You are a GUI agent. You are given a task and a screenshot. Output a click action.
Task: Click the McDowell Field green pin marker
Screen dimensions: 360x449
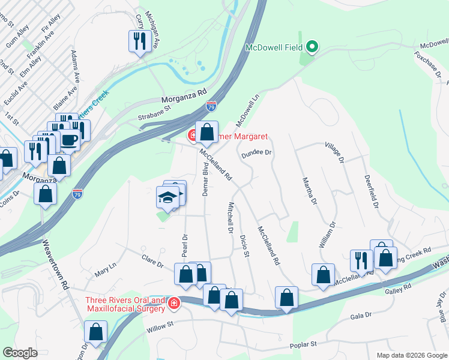[312, 47]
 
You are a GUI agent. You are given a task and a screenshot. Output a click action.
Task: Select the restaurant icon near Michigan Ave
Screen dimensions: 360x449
[139, 41]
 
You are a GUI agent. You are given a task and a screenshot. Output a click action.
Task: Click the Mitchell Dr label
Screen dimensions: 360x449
[230, 217]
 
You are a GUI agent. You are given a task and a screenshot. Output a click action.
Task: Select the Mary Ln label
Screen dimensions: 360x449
[105, 269]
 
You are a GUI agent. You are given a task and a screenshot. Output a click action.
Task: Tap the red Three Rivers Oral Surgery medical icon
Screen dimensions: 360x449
[174, 304]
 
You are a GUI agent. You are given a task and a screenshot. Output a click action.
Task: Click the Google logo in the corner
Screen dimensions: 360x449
[20, 353]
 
